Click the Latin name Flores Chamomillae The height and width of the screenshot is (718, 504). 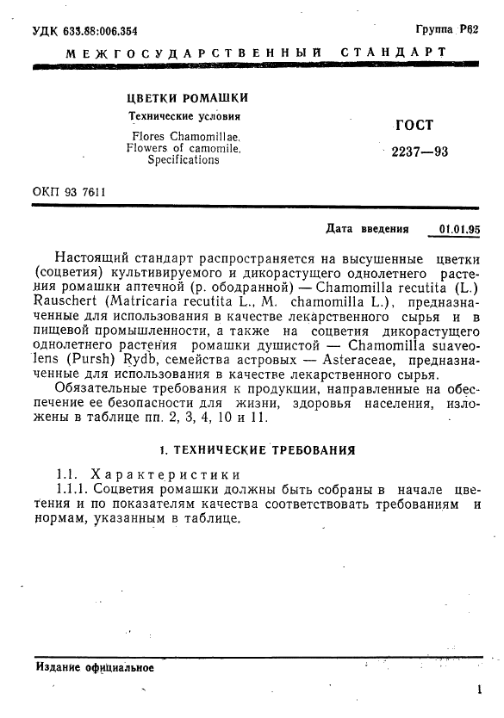coord(186,136)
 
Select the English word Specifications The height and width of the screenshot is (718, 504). coord(183,160)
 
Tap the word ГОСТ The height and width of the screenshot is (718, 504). coord(413,125)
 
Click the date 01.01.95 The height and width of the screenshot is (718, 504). coord(459,230)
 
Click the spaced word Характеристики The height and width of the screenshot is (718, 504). coord(164,474)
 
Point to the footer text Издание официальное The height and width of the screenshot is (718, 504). coord(95,668)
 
